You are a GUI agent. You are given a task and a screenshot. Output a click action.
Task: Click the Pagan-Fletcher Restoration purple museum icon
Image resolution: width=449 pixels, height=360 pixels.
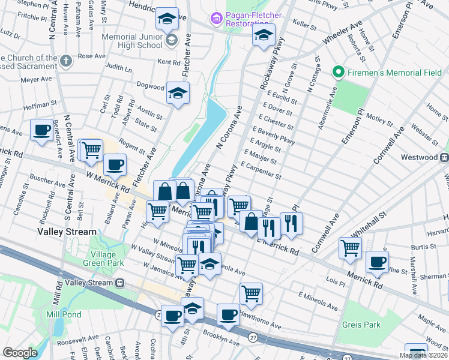pos(216,19)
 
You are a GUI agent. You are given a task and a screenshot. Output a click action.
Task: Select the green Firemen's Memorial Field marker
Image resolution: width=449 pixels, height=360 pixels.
pos(338,73)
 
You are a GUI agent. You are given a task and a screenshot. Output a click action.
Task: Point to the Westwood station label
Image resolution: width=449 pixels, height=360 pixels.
pos(421,157)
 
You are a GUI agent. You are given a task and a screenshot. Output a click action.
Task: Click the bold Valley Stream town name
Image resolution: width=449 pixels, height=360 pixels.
pos(67,232)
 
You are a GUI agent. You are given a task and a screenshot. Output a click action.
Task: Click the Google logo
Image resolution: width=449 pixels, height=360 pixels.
pos(20,352)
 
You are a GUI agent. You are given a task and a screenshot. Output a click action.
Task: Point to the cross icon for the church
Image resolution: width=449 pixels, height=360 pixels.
pos(67,60)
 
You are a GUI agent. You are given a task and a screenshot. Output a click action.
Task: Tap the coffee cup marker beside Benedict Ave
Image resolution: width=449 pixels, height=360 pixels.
pos(41,130)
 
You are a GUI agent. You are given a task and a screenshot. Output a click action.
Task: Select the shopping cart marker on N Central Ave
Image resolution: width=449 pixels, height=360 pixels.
pos(91,150)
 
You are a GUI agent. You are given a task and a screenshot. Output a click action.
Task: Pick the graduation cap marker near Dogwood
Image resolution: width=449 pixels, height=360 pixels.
pos(178,93)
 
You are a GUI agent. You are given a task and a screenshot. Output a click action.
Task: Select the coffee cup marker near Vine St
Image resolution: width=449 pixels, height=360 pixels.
pos(377,262)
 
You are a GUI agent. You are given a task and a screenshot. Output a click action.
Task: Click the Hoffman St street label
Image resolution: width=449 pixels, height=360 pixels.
pos(40,106)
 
